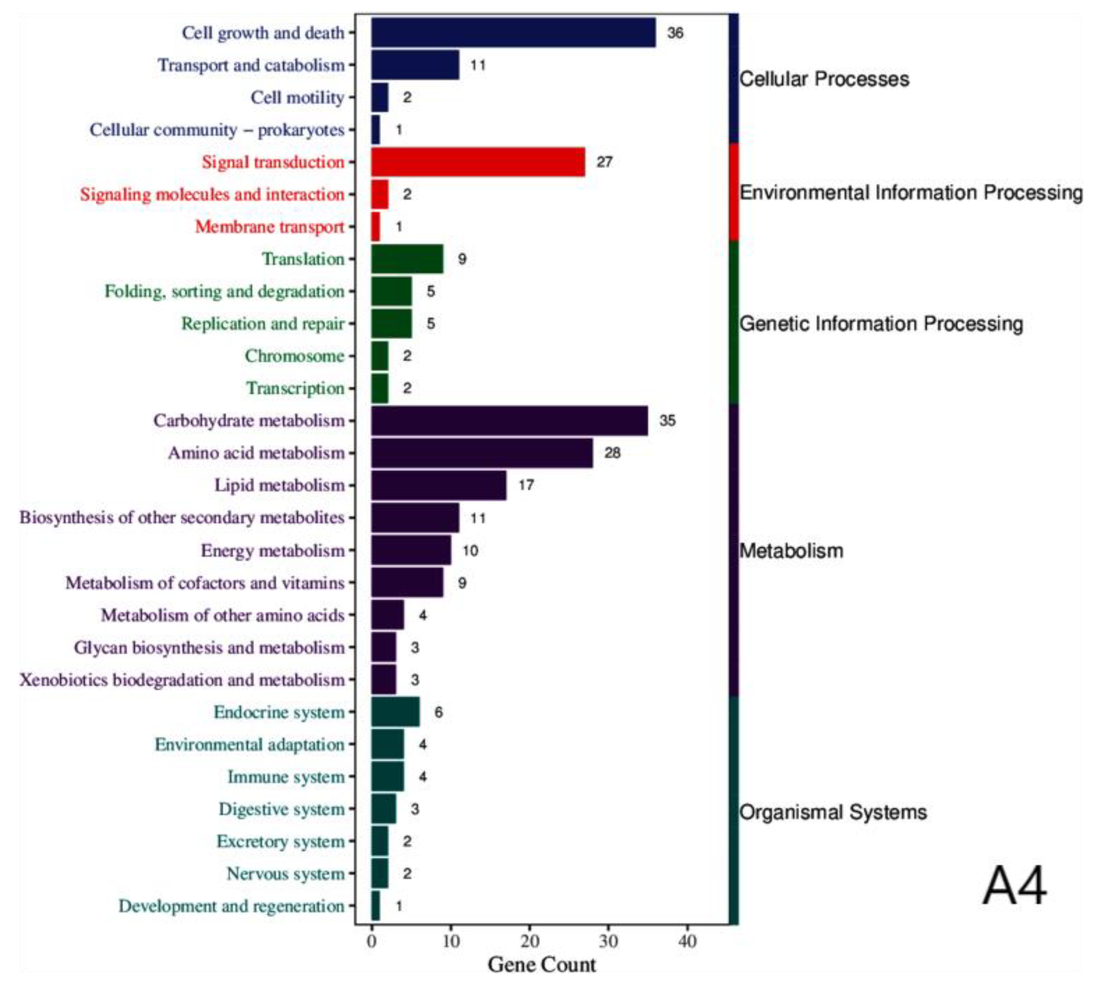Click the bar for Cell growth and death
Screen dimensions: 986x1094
[x=513, y=33]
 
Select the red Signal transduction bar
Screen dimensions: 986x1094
[x=478, y=162]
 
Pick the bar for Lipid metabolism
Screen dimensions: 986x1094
[x=438, y=485]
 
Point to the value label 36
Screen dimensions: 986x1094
[x=675, y=33]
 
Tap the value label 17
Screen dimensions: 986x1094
[x=526, y=485]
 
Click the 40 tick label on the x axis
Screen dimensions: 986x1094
[x=687, y=941]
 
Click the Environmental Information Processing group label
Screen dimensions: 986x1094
[x=910, y=193]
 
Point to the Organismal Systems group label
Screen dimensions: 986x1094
[x=832, y=812]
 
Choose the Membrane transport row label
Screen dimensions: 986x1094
[x=269, y=226]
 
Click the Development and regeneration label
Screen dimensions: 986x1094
[x=231, y=906]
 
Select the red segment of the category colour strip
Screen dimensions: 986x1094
[x=733, y=193]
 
